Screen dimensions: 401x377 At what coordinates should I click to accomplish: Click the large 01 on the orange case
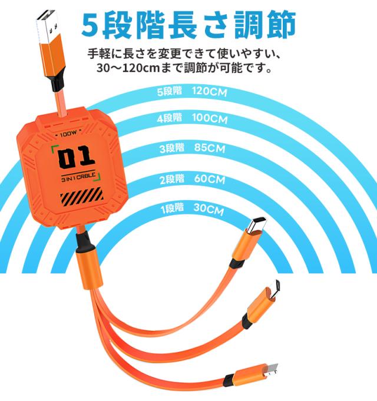[76, 157]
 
